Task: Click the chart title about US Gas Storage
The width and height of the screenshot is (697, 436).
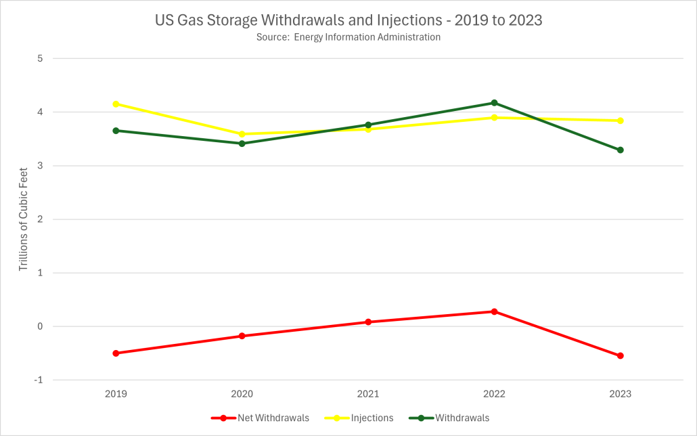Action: pos(348,21)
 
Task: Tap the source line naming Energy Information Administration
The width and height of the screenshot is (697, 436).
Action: pos(348,37)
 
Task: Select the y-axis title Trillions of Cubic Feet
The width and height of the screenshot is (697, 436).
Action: pos(23,219)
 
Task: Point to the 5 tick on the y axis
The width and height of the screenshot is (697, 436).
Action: pos(40,58)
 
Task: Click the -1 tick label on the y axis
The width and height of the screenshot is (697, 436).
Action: pos(39,380)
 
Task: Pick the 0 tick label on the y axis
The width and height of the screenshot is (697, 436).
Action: pos(40,326)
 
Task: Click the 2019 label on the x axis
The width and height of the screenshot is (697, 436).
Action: pos(116,393)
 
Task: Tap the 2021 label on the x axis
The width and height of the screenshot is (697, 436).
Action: pos(368,393)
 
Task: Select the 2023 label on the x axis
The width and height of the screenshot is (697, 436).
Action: pos(620,393)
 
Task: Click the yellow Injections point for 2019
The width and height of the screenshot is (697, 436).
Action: pos(116,104)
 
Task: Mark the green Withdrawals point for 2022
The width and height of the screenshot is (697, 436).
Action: pos(494,103)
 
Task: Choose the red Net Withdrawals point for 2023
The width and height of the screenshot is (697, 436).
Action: pos(620,355)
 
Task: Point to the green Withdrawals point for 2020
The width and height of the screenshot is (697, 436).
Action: pos(242,144)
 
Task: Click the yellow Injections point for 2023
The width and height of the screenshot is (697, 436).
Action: pos(620,121)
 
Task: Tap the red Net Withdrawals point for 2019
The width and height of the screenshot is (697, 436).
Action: pos(116,353)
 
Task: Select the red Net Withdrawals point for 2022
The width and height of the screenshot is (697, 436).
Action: pos(494,311)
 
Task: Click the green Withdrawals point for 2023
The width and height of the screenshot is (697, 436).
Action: pos(620,150)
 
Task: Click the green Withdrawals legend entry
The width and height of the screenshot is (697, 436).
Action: pos(453,418)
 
